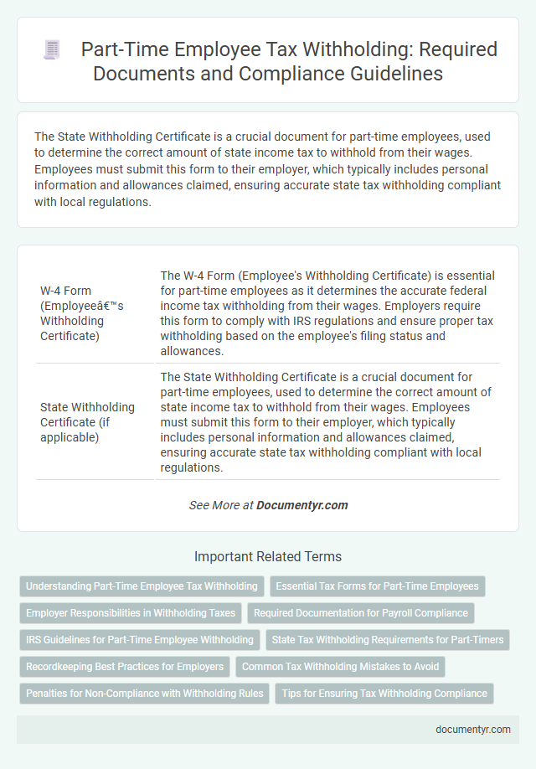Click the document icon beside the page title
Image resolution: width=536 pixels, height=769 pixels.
[51, 50]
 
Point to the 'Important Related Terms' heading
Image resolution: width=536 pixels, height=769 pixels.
[267, 556]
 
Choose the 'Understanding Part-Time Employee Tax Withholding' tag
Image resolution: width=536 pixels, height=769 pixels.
[142, 586]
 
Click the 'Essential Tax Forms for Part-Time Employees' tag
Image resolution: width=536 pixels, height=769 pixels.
[377, 586]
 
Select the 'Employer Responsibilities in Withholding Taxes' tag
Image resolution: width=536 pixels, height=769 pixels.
[130, 613]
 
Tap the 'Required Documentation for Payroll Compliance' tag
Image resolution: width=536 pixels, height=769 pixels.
[361, 613]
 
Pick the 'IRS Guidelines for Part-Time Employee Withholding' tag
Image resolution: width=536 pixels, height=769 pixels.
[139, 640]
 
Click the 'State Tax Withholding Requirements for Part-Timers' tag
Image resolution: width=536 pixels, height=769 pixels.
[388, 640]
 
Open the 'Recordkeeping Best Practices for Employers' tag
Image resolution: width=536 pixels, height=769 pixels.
[125, 667]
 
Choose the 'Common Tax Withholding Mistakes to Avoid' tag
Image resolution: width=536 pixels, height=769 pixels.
[340, 667]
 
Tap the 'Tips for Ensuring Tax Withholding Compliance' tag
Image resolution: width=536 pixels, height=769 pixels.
[384, 694]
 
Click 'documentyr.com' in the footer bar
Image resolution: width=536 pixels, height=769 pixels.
[473, 730]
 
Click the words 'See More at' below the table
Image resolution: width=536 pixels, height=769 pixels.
[220, 505]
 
